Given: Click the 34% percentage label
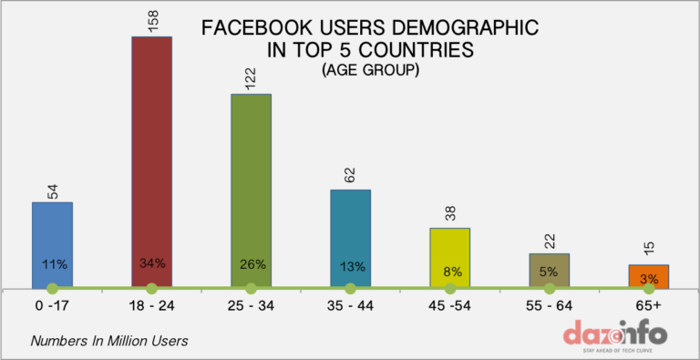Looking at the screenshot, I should [x=151, y=264].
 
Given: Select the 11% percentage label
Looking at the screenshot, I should [x=53, y=264].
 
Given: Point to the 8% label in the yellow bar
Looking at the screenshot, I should [x=449, y=270].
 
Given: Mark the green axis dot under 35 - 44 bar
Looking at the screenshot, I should [x=350, y=289].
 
